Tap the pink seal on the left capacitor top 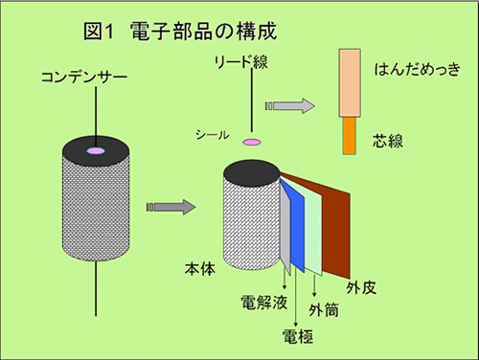coord(97,152)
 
